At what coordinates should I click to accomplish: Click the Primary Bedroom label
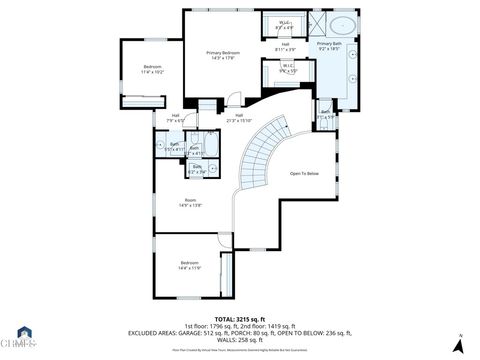[x=222, y=55]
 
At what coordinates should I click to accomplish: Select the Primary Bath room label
[x=329, y=47]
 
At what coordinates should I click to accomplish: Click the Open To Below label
[x=304, y=173]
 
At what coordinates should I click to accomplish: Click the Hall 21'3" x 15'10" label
[x=239, y=118]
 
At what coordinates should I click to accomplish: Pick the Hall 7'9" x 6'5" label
[x=175, y=118]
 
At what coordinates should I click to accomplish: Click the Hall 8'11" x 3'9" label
[x=285, y=47]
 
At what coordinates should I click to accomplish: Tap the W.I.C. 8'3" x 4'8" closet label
[x=284, y=24]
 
